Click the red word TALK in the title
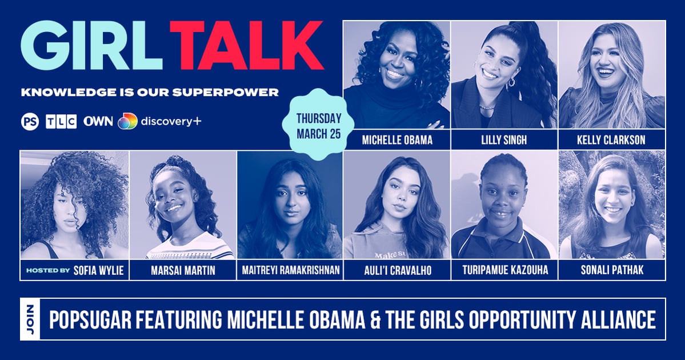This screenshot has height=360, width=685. click(246, 47)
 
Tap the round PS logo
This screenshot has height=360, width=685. click(30, 122)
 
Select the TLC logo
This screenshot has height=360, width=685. click(61, 122)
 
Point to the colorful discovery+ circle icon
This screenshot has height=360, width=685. click(127, 122)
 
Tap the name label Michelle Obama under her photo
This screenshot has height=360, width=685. click(396, 139)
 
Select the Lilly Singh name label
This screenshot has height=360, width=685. click(504, 139)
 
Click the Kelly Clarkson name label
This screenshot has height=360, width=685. click(611, 139)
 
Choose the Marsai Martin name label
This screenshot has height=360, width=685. click(183, 270)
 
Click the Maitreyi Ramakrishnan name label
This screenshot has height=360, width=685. click(290, 270)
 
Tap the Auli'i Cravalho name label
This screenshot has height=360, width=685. click(396, 270)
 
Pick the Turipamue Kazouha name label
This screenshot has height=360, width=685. click(504, 270)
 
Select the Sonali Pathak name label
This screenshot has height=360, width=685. click(611, 270)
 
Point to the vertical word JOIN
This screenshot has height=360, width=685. click(30, 319)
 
